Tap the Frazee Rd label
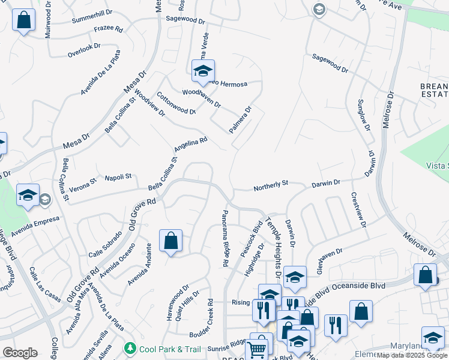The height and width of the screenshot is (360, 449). pos(108,29)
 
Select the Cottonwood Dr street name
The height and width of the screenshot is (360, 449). pos(176,103)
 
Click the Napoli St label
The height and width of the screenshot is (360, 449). pos(118,177)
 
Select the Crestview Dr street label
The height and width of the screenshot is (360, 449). pos(358,210)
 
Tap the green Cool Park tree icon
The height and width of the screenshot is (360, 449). pos(130,348)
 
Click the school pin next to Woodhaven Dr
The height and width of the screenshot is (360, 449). pos(203,71)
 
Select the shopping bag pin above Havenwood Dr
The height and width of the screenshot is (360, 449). pos(170,241)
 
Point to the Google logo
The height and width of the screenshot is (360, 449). pos(20,353)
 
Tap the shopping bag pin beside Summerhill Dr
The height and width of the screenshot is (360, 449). pos(24,20)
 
